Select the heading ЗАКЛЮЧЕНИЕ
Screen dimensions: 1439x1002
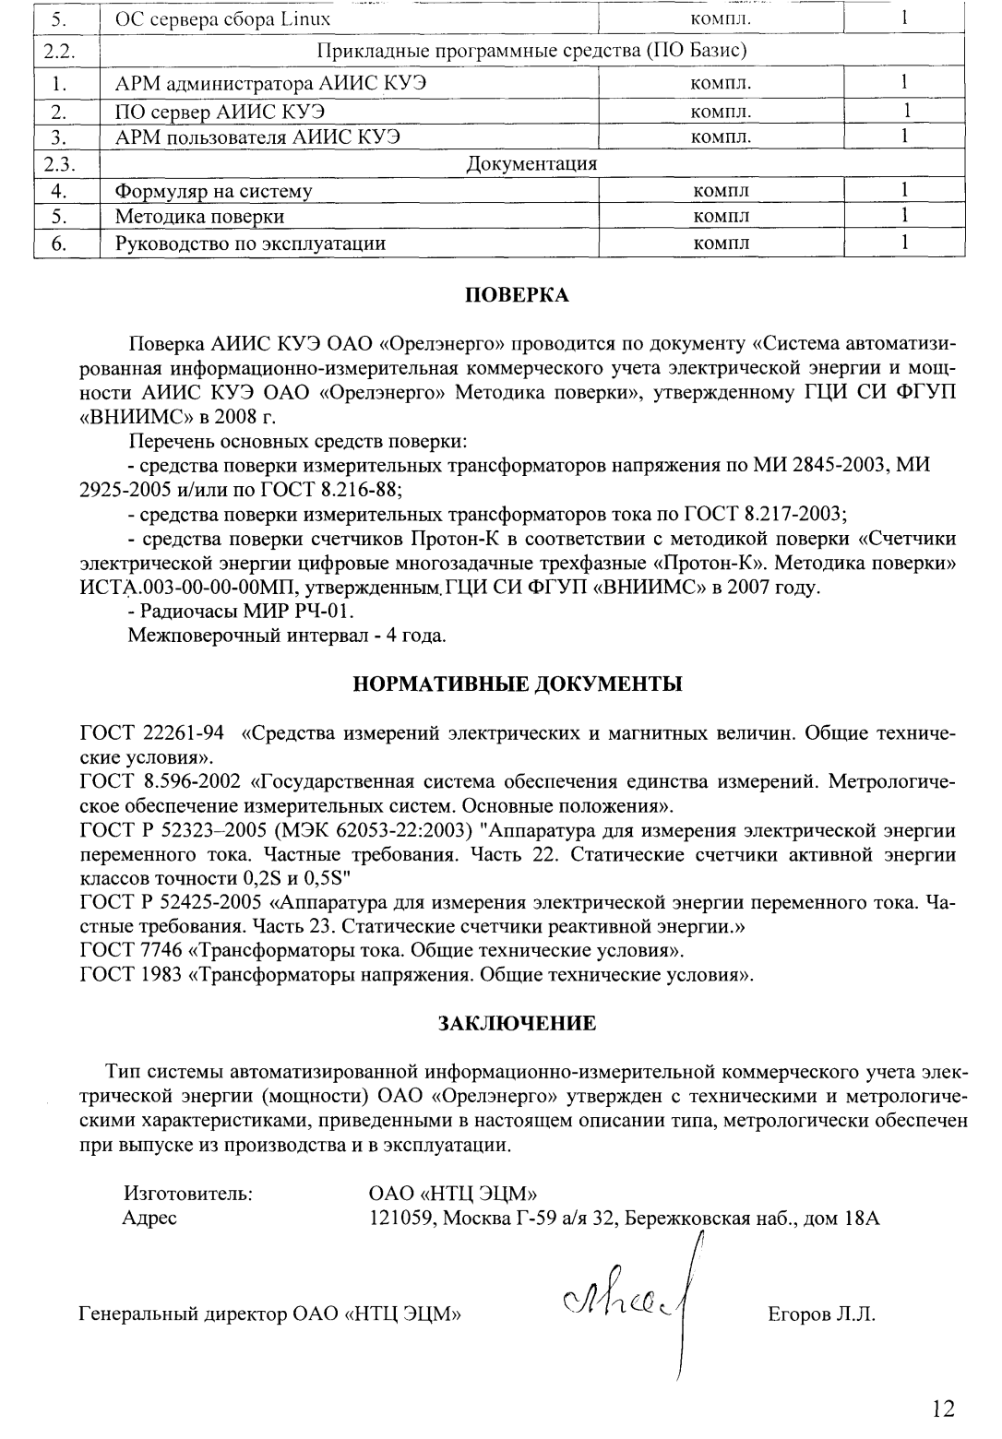(x=516, y=1023)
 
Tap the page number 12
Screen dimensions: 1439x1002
(x=943, y=1408)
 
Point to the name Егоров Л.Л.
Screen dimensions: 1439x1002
(x=820, y=1315)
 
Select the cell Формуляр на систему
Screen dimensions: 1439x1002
(x=213, y=192)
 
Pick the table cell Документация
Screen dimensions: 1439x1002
(x=532, y=164)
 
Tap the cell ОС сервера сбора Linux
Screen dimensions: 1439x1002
(x=222, y=18)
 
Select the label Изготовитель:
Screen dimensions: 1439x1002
(x=188, y=1194)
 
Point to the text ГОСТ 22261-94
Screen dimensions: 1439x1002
(x=152, y=735)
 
